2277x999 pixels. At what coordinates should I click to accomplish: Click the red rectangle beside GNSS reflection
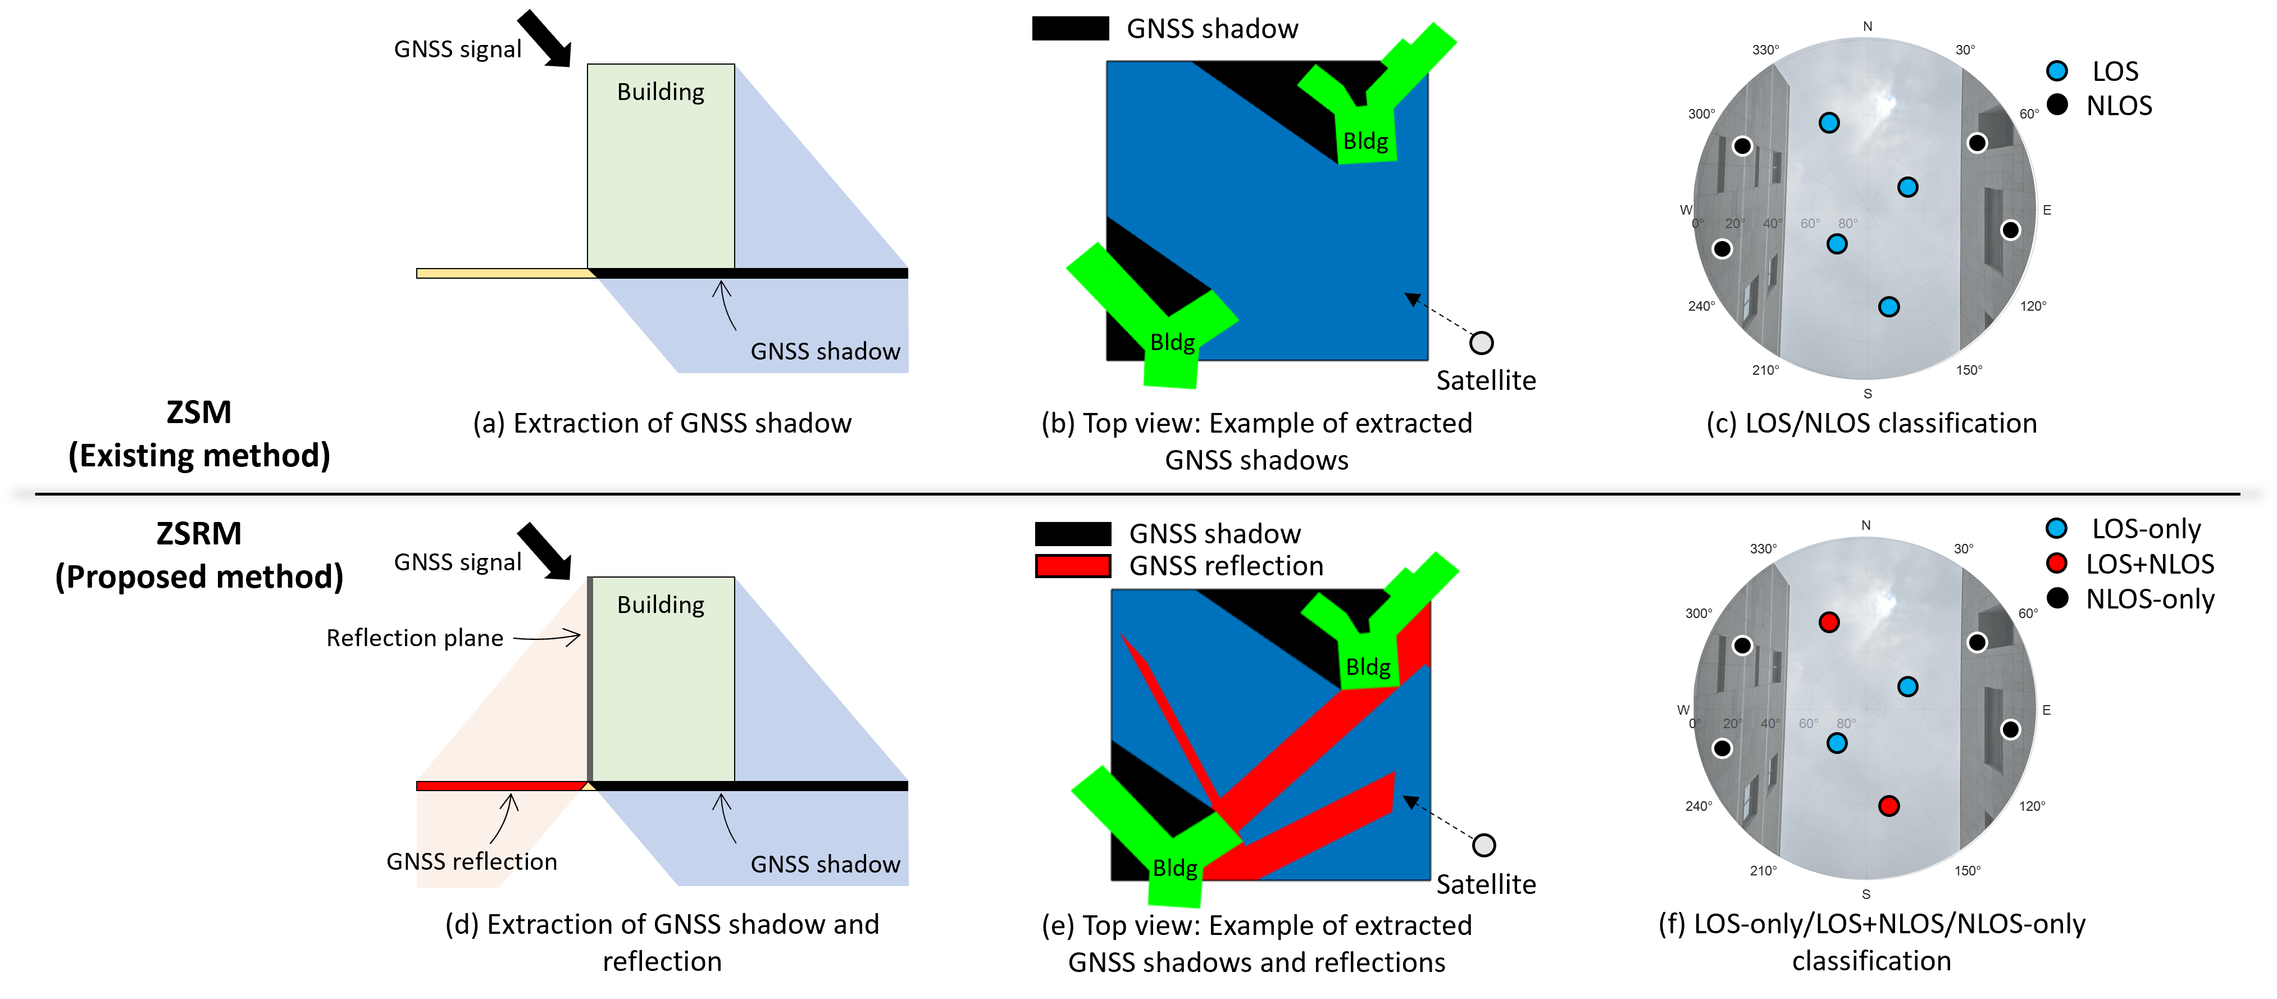pyautogui.click(x=1073, y=566)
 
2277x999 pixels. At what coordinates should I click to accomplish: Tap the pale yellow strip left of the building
pyautogui.click(x=504, y=273)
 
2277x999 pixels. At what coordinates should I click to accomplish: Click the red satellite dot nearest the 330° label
pyautogui.click(x=1829, y=623)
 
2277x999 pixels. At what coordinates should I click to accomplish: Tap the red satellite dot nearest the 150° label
pyautogui.click(x=1889, y=805)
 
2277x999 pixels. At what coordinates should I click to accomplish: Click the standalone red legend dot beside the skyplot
pyautogui.click(x=2057, y=563)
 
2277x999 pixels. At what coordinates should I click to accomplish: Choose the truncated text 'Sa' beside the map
pyautogui.click(x=1447, y=380)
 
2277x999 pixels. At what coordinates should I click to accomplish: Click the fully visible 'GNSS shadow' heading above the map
pyautogui.click(x=1212, y=29)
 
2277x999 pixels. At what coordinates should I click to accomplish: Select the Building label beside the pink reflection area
pyautogui.click(x=661, y=605)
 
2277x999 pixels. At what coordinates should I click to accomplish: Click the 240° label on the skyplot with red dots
pyautogui.click(x=1698, y=805)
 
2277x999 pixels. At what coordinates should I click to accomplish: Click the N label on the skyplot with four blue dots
pyautogui.click(x=1868, y=26)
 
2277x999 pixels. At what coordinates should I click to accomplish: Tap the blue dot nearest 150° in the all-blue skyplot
pyautogui.click(x=1889, y=307)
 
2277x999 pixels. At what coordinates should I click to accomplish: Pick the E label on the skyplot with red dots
pyautogui.click(x=2046, y=710)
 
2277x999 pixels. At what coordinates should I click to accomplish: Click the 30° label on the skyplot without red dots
pyautogui.click(x=1964, y=49)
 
